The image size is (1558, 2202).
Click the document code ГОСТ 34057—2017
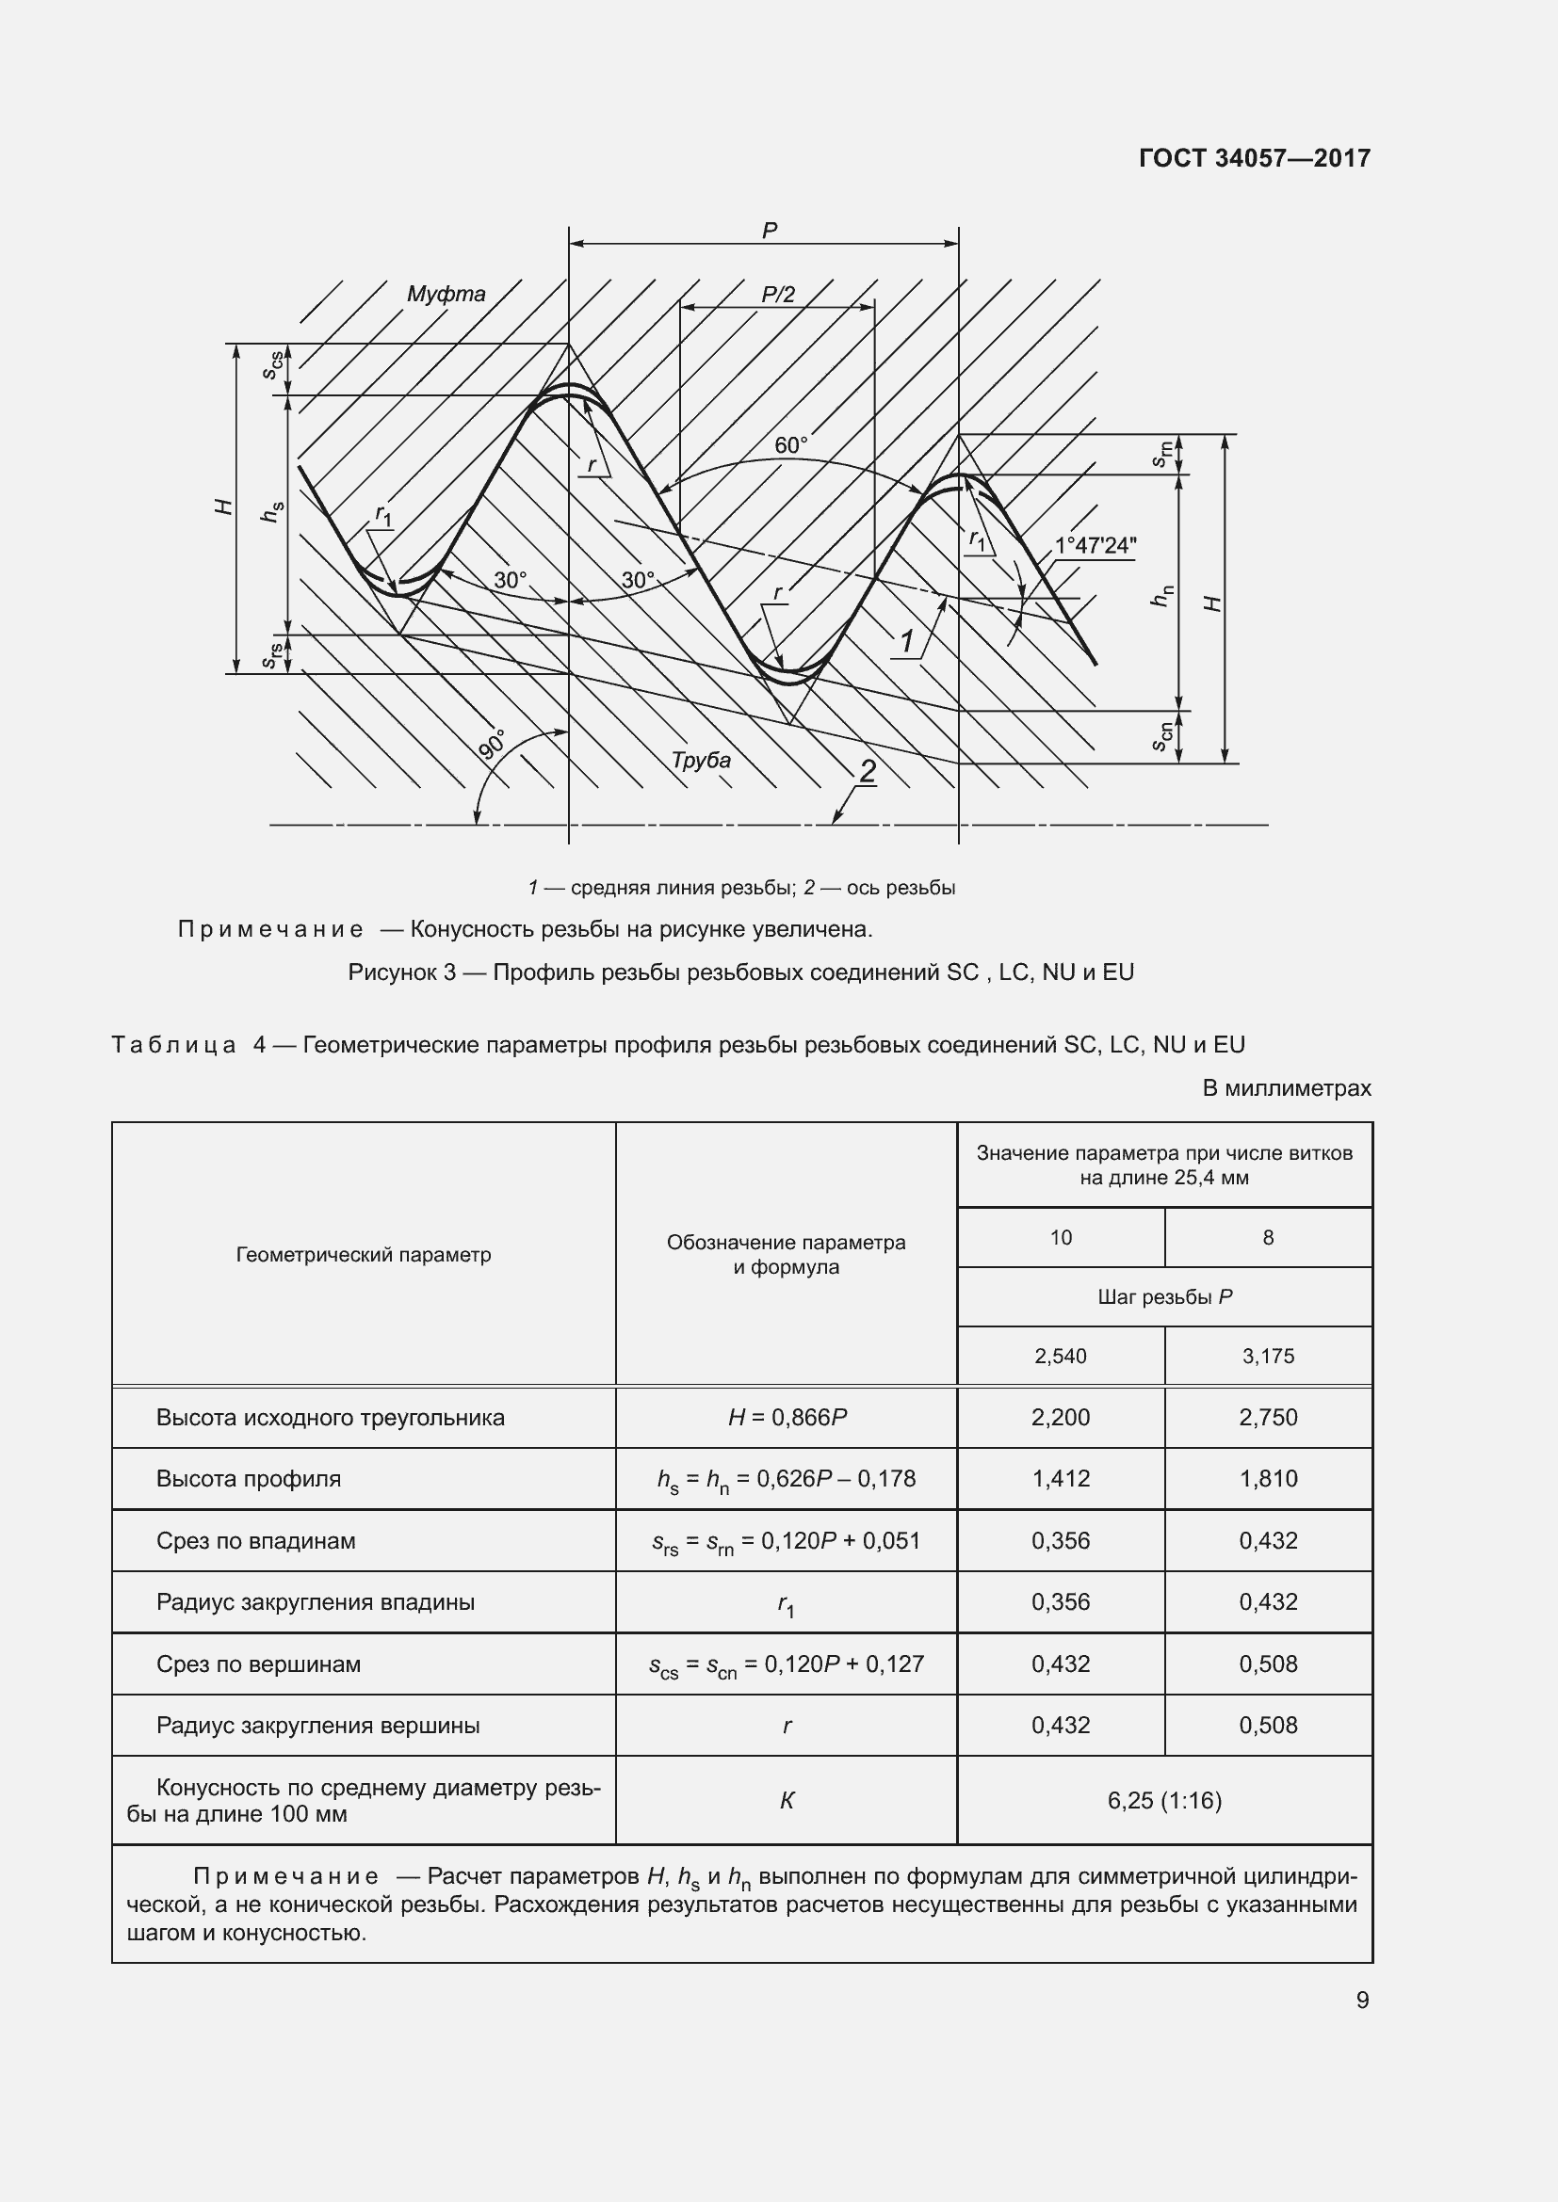coord(1254,158)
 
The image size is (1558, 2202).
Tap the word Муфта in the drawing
coord(446,295)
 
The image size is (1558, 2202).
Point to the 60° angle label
coord(790,446)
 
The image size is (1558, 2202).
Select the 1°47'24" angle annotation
coord(1095,546)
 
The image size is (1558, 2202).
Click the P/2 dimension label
coord(778,295)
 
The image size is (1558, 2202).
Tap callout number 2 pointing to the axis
coord(868,771)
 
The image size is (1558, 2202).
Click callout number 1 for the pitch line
coord(906,641)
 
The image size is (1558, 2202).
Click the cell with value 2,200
coord(1060,1418)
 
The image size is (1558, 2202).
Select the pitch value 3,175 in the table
coord(1267,1356)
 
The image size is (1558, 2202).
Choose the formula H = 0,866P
coord(787,1418)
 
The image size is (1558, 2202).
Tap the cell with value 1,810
coord(1267,1478)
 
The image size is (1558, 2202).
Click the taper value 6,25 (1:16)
coord(1163,1800)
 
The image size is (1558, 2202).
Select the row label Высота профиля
coord(249,1478)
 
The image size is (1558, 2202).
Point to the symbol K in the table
coord(787,1800)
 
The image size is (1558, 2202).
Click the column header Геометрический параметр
coord(364,1254)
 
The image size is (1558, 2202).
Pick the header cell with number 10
coord(1060,1237)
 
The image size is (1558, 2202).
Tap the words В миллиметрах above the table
coord(1286,1088)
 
